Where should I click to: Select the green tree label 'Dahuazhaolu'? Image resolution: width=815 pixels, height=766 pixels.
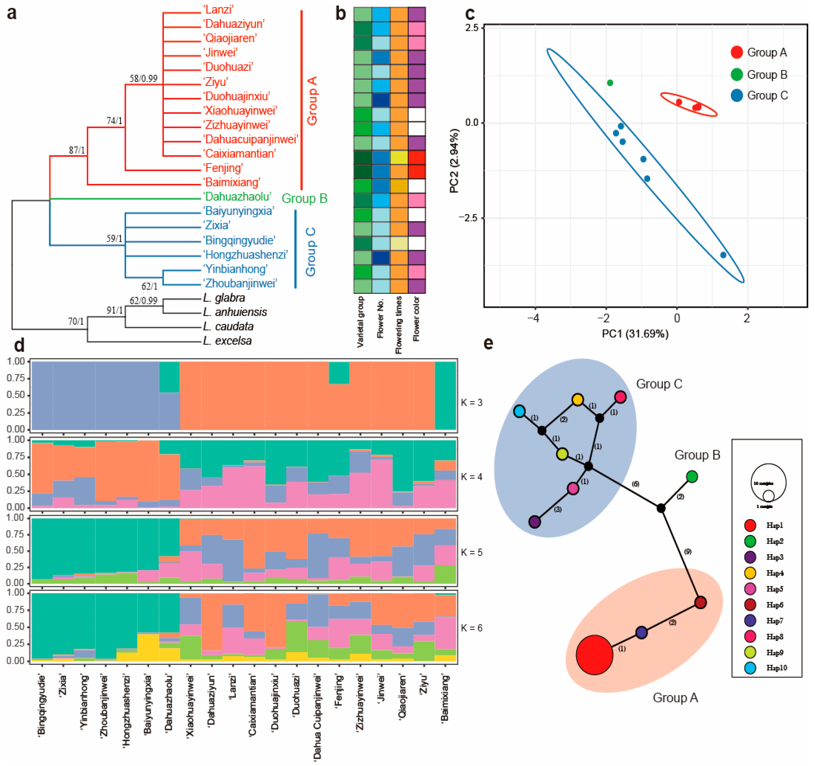tap(237, 197)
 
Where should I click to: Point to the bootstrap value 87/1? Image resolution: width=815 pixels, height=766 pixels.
tap(77, 150)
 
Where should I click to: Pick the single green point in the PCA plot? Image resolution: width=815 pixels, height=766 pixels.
tap(610, 83)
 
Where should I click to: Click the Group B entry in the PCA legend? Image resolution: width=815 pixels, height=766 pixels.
tap(767, 75)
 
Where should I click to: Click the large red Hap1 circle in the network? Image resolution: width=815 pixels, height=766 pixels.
tap(594, 654)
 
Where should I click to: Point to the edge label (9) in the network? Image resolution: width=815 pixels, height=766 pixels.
tap(688, 552)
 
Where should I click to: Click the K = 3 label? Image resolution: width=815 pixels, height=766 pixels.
tap(472, 402)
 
